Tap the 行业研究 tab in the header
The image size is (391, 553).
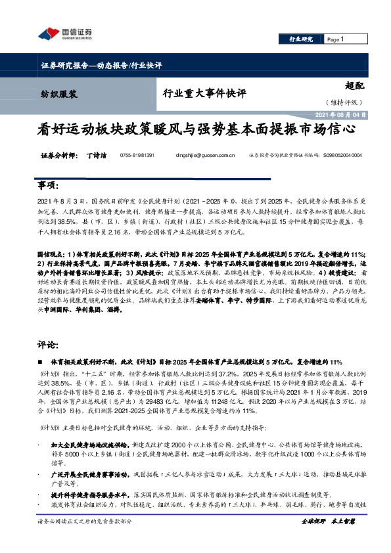click(x=301, y=39)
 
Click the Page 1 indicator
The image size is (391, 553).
click(x=335, y=39)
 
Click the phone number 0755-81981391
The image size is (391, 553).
click(x=137, y=156)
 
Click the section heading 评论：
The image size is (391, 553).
click(x=48, y=343)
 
